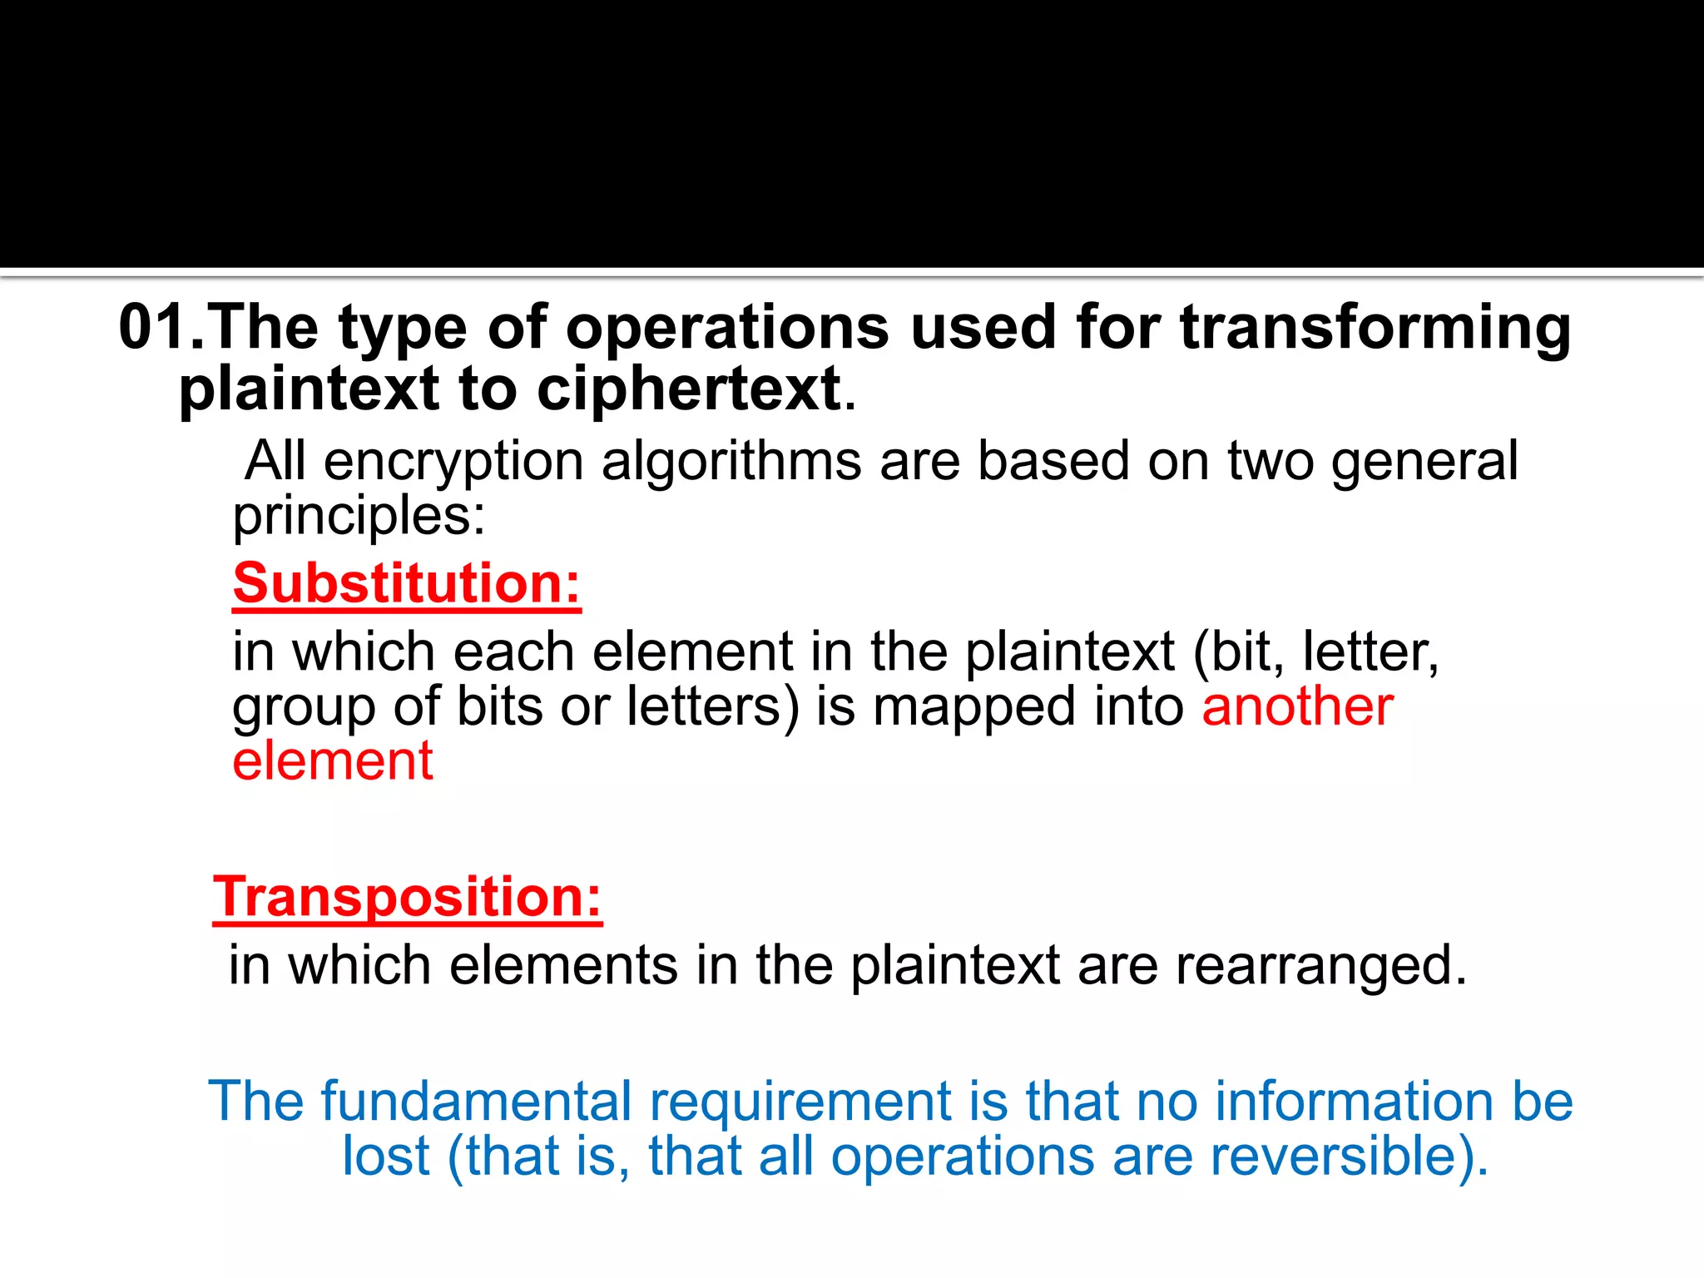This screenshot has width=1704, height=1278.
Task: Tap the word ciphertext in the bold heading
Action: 689,389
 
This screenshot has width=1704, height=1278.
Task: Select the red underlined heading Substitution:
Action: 406,583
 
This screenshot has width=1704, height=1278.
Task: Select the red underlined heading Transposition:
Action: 407,897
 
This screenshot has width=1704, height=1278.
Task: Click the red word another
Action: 1297,706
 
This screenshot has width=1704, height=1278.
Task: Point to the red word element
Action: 333,760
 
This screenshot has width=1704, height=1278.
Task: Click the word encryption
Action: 453,463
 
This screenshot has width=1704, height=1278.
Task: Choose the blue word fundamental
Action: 477,1102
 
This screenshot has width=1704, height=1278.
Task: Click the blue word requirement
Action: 800,1103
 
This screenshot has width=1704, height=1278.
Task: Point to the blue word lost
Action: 386,1157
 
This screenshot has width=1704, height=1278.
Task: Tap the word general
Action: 1424,463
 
